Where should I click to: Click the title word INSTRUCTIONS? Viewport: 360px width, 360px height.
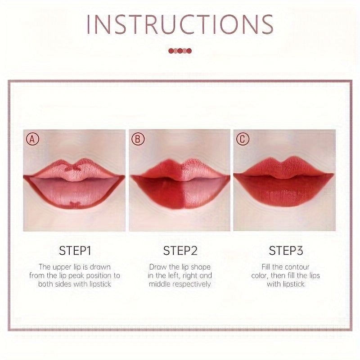click(x=180, y=24)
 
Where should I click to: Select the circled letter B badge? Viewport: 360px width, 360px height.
click(x=138, y=139)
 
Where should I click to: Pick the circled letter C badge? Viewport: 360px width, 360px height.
click(x=243, y=139)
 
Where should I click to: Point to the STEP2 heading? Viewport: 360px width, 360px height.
click(x=180, y=251)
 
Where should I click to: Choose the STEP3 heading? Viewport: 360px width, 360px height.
click(x=285, y=251)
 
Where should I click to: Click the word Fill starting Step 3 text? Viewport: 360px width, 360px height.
click(x=268, y=267)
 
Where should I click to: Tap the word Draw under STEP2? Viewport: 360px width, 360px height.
click(x=157, y=267)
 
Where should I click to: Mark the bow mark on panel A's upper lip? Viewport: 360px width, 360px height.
click(x=71, y=168)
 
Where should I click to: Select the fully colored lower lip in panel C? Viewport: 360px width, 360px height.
click(x=283, y=191)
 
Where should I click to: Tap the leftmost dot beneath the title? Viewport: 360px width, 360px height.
click(x=171, y=51)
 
